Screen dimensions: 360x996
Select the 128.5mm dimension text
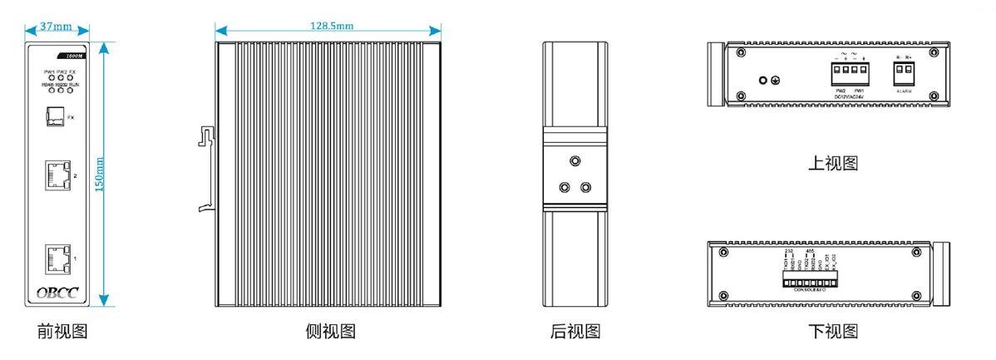coord(332,26)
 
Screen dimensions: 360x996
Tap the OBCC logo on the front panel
coord(57,292)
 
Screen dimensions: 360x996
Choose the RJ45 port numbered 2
coord(57,175)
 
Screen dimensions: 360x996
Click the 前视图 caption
coord(62,332)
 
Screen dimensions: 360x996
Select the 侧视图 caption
coord(330,332)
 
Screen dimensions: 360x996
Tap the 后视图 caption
coord(574,332)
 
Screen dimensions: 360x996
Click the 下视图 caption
coord(832,333)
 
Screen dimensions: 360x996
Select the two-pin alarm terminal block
coord(904,74)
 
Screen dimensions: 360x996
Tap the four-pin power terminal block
coord(850,74)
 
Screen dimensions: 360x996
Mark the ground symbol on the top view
coord(776,81)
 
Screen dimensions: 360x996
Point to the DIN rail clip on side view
coord(206,170)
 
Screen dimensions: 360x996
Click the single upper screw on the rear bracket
coord(574,160)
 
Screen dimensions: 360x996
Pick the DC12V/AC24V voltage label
coord(850,97)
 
